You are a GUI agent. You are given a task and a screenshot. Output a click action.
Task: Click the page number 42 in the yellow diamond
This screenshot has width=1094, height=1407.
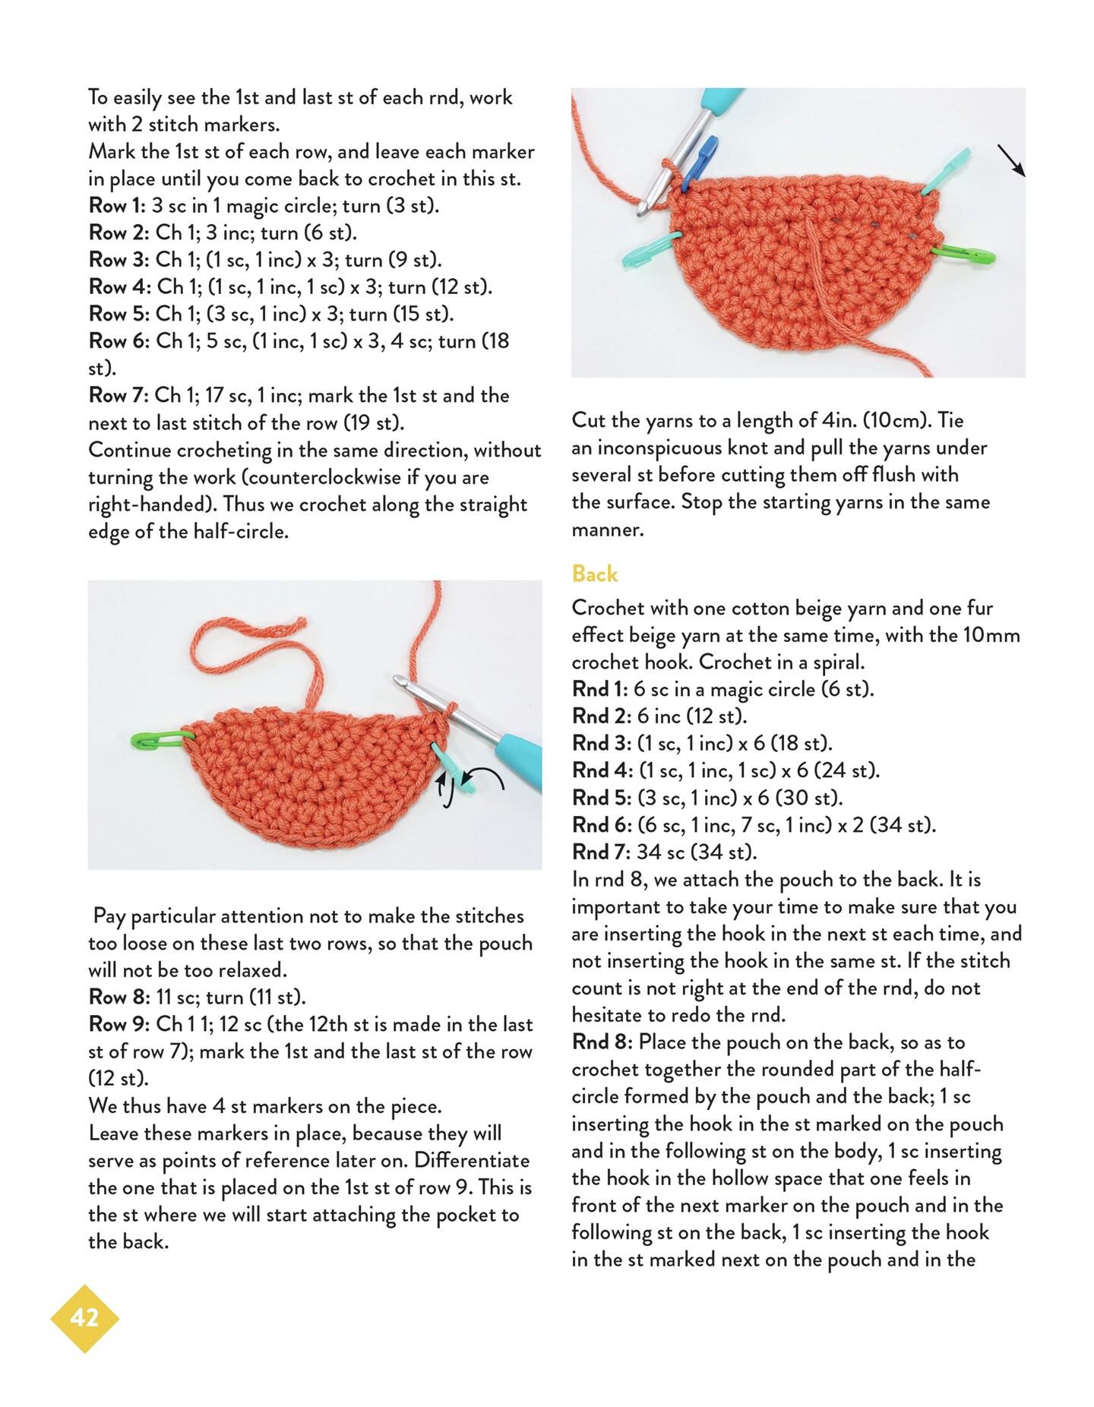[84, 1317]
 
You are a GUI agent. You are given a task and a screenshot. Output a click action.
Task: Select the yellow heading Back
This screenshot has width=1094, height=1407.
[594, 574]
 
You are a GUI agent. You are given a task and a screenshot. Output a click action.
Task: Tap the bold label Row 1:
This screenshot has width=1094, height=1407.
[117, 206]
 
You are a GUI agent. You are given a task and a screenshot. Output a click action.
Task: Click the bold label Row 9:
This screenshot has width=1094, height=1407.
[118, 1025]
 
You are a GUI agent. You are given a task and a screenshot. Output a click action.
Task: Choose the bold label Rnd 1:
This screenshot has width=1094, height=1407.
[599, 690]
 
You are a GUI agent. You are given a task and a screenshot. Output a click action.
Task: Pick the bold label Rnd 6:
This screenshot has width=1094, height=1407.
[601, 826]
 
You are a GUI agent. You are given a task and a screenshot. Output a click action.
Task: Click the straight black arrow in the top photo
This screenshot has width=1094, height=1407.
[1011, 161]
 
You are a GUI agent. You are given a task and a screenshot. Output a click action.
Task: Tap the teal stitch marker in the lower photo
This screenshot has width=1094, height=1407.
[455, 769]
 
